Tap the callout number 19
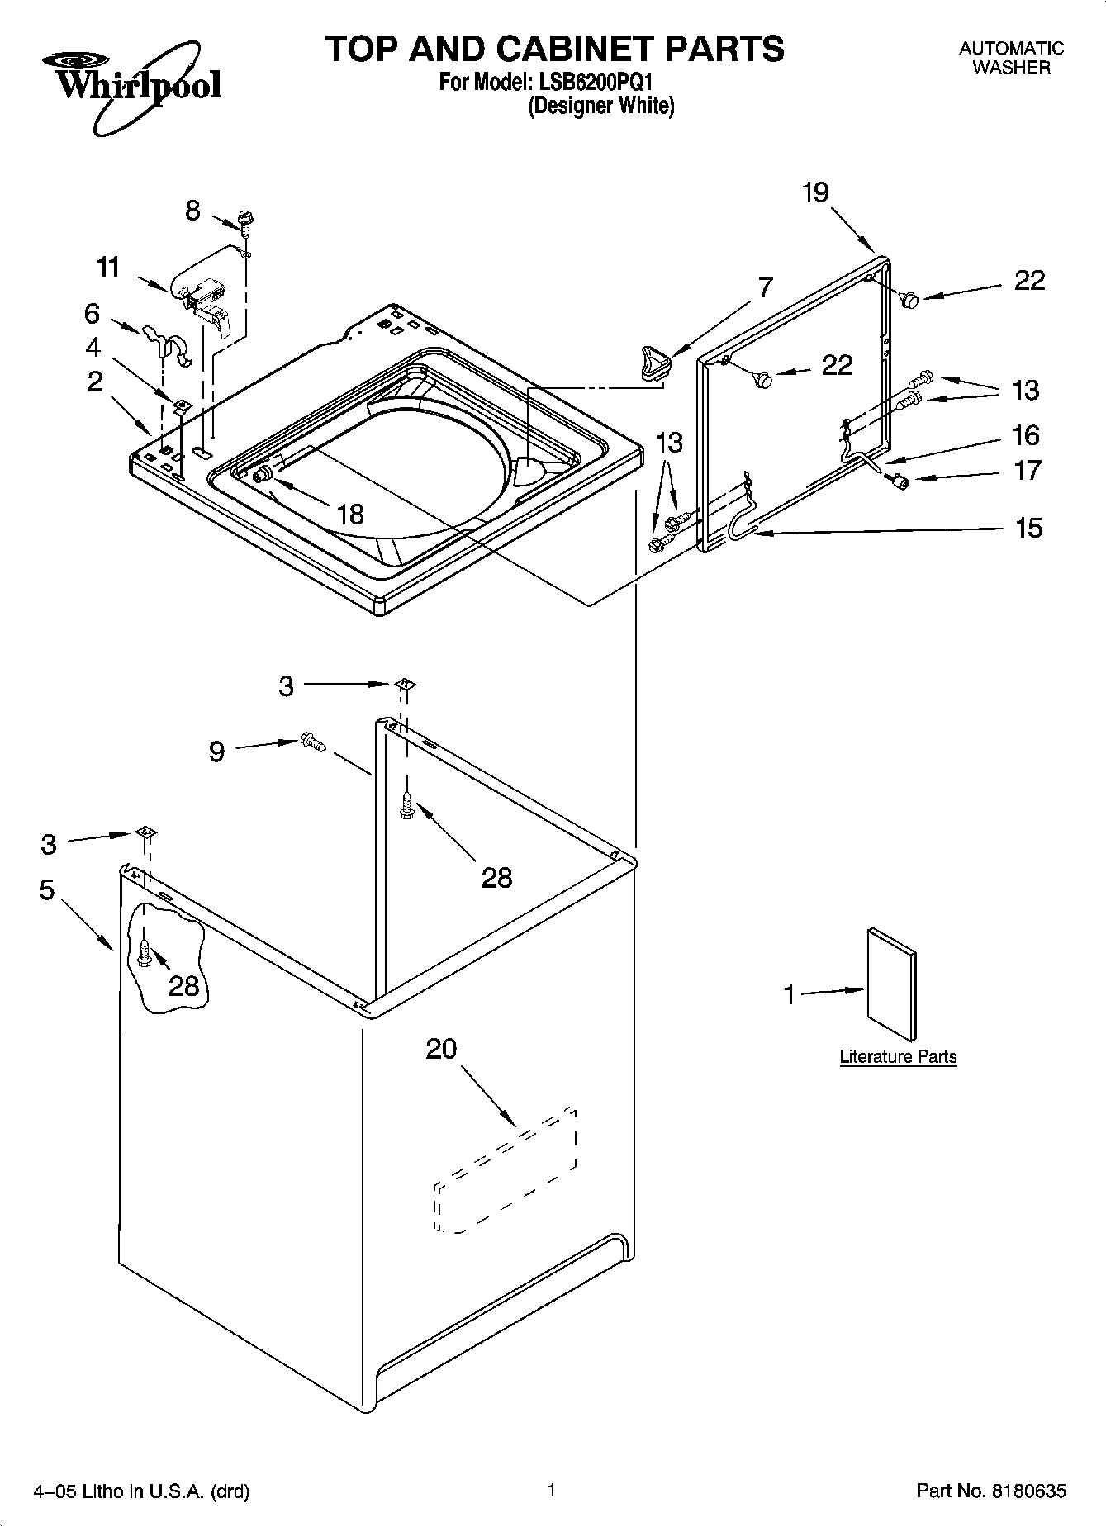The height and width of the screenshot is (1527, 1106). coord(814,192)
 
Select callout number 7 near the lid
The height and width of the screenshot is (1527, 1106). coord(765,288)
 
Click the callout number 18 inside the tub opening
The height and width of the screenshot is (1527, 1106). coord(350,515)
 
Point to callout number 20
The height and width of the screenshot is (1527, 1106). coord(441,1049)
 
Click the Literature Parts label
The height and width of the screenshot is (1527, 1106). coord(898,1056)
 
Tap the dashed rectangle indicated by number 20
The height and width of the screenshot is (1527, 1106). coord(506,1170)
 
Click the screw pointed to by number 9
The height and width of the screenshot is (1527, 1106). coord(312,741)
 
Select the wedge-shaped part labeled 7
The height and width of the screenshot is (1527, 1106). coord(654,362)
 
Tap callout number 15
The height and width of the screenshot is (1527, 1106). coord(1028,528)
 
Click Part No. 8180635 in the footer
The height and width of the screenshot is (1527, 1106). coord(991,1491)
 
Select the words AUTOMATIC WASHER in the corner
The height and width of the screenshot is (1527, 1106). coord(1011,58)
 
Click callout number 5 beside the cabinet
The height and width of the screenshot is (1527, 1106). coord(46,890)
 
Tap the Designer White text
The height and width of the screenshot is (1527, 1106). coord(600,106)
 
